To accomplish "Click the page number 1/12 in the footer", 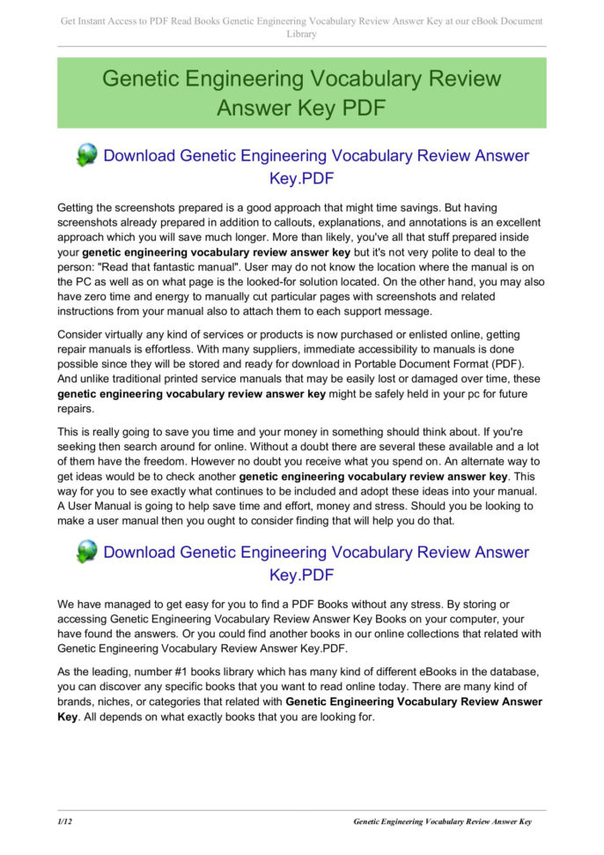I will click(x=64, y=822).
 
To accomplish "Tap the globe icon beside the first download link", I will click(x=86, y=156).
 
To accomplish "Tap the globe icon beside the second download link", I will click(x=86, y=553).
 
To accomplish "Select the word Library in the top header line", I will click(x=301, y=33).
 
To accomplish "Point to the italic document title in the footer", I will click(x=442, y=822).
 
